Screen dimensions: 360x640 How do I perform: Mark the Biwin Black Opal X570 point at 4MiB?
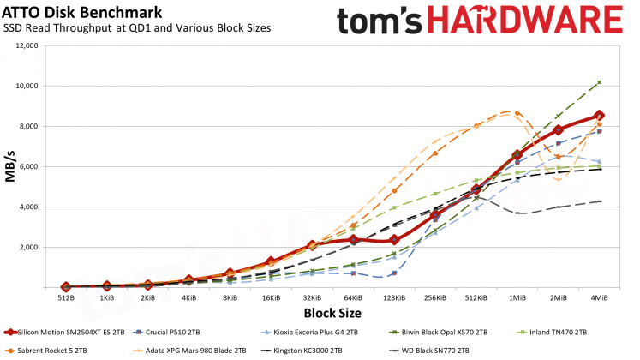click(x=600, y=82)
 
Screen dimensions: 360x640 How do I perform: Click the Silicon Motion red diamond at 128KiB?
click(x=394, y=240)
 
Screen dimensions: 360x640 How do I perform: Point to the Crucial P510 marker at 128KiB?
click(x=394, y=273)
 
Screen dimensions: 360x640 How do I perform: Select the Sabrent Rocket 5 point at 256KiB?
click(x=435, y=153)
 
